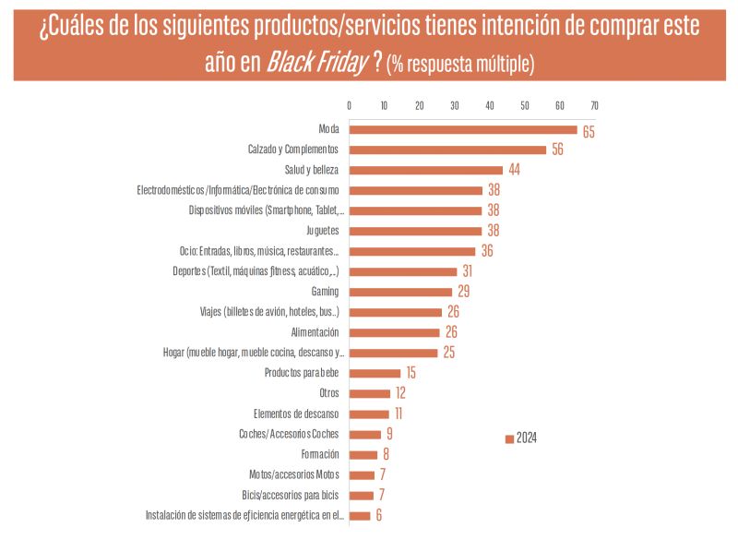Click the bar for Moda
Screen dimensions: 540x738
tap(463, 130)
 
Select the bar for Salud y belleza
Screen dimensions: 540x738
tap(426, 170)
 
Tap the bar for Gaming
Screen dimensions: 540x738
tap(400, 292)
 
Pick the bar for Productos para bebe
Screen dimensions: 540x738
tap(375, 373)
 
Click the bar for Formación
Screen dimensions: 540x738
tap(363, 454)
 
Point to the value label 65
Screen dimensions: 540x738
tap(588, 132)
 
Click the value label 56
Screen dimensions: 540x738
tap(557, 150)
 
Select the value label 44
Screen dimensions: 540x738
tap(515, 171)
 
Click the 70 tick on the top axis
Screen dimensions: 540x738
tap(594, 104)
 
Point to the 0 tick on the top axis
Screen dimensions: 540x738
tap(349, 104)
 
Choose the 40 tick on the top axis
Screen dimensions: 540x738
tap(489, 104)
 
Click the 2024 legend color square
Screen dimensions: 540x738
tap(509, 438)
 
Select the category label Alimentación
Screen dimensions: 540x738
tap(315, 332)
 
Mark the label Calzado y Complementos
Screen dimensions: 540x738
tap(293, 150)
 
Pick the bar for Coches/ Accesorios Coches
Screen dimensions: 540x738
tap(364, 434)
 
